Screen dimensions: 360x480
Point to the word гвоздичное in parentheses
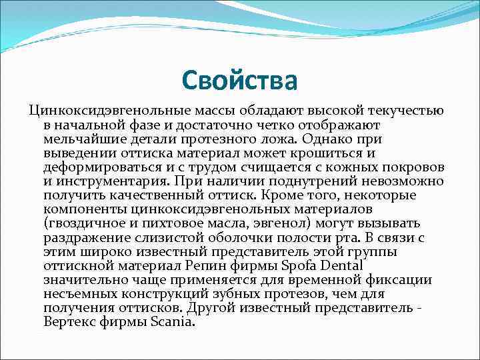pos(83,224)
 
